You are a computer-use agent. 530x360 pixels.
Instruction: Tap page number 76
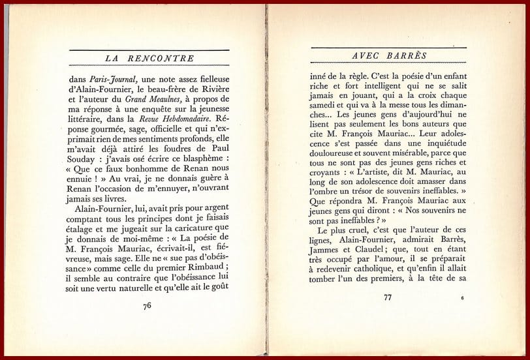point(147,305)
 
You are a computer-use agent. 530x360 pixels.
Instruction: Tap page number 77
point(388,298)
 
